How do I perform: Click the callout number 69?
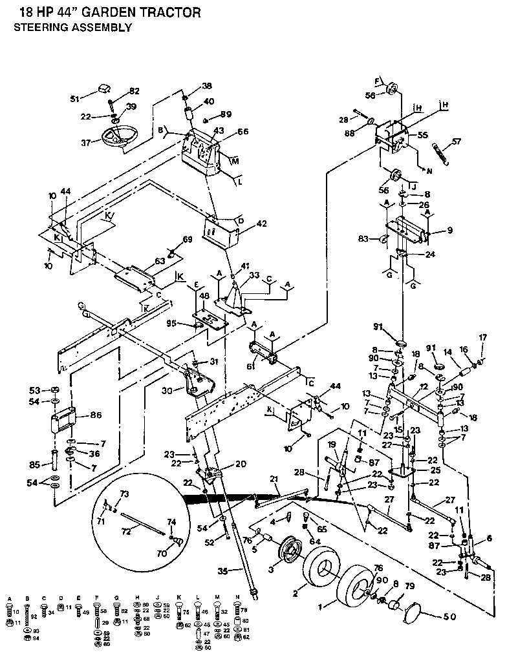point(188,240)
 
